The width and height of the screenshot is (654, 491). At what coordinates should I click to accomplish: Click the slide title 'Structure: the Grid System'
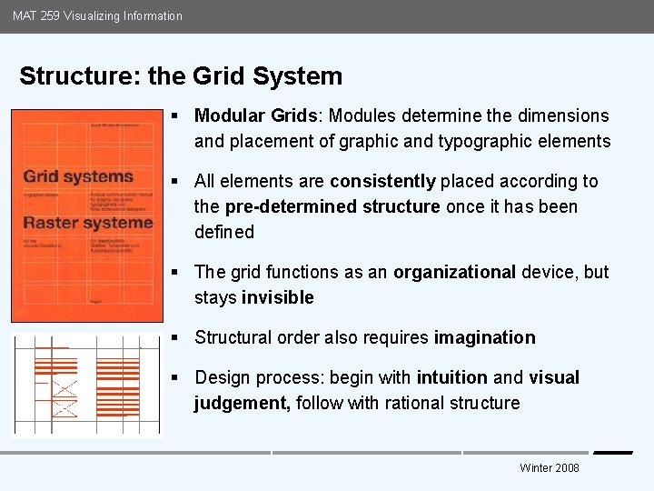pyautogui.click(x=181, y=76)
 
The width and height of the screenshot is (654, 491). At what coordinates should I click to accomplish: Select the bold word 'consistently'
pyautogui.click(x=382, y=181)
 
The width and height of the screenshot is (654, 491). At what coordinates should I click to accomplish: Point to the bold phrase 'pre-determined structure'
pyautogui.click(x=332, y=206)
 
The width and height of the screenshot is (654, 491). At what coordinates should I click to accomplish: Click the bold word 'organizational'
pyautogui.click(x=454, y=272)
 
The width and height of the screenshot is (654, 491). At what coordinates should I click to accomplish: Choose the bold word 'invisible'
pyautogui.click(x=277, y=297)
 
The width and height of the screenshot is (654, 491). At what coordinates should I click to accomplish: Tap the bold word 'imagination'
pyautogui.click(x=484, y=337)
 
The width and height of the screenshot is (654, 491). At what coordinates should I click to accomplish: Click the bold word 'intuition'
pyautogui.click(x=452, y=377)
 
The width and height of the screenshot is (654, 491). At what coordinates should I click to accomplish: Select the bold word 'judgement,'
pyautogui.click(x=242, y=403)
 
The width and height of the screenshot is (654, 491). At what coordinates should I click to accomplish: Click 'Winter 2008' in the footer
pyautogui.click(x=549, y=468)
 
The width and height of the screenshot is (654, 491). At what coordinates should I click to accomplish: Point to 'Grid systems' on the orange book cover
pyautogui.click(x=78, y=176)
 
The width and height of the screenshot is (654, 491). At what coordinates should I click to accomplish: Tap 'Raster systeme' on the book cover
pyautogui.click(x=87, y=223)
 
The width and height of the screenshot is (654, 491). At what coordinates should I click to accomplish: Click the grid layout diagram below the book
pyautogui.click(x=87, y=384)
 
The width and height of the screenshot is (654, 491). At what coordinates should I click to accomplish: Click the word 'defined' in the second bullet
pyautogui.click(x=224, y=232)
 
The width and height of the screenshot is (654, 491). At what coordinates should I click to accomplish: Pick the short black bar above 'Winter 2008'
pyautogui.click(x=612, y=453)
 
